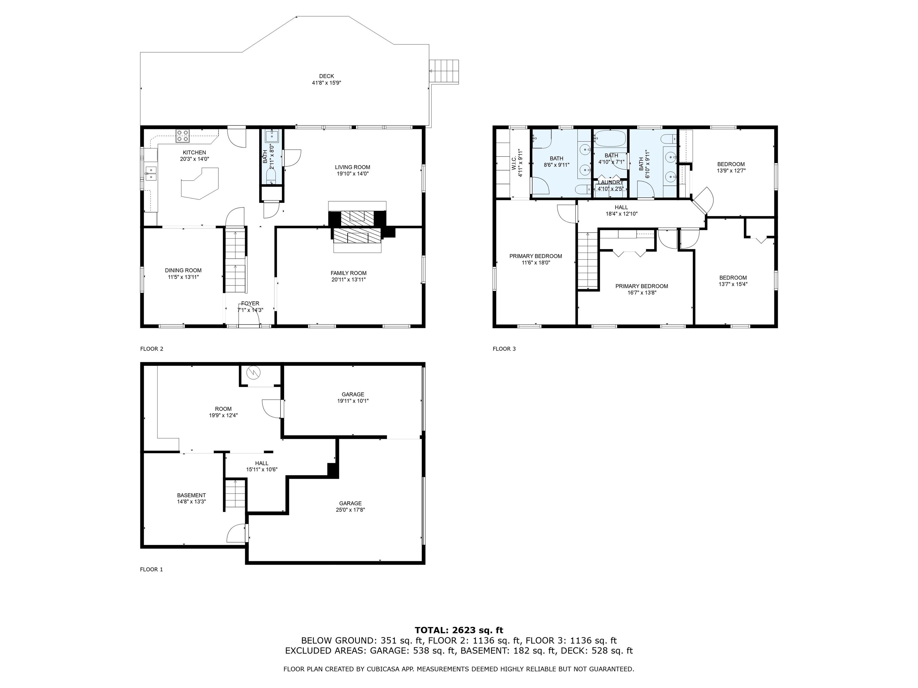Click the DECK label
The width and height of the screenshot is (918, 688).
tap(327, 76)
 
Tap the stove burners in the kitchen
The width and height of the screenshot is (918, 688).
tap(183, 135)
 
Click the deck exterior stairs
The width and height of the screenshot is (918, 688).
tap(444, 72)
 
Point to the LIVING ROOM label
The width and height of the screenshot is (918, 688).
tap(353, 167)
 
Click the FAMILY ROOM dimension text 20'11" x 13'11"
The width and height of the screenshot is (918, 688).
tap(349, 280)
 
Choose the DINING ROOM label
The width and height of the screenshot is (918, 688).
tap(183, 270)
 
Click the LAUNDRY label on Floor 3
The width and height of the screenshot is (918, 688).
tap(611, 182)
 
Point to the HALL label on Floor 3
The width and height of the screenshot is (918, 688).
tap(621, 207)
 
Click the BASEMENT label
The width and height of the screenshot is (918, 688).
tap(191, 495)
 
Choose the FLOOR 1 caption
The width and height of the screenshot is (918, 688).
tap(152, 569)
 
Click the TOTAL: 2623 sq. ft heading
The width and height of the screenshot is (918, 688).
tap(459, 631)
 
